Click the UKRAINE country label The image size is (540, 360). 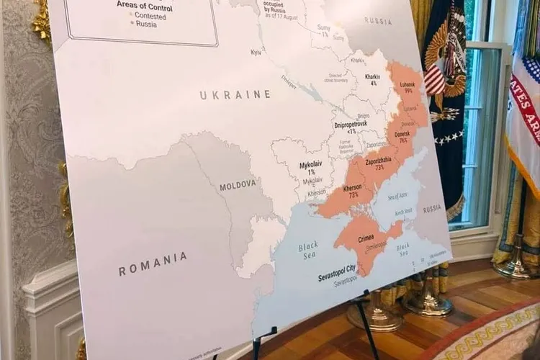coord(235,95)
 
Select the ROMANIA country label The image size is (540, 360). coord(153,264)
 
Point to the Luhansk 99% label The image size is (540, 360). coord(408,88)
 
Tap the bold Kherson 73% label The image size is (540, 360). coord(352,192)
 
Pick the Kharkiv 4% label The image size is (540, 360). coord(372,79)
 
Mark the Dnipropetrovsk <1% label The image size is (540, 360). coord(351,128)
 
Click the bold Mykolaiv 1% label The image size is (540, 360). coord(311,168)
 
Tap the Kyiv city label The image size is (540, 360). coord(256,53)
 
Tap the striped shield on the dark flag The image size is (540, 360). coord(434,80)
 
